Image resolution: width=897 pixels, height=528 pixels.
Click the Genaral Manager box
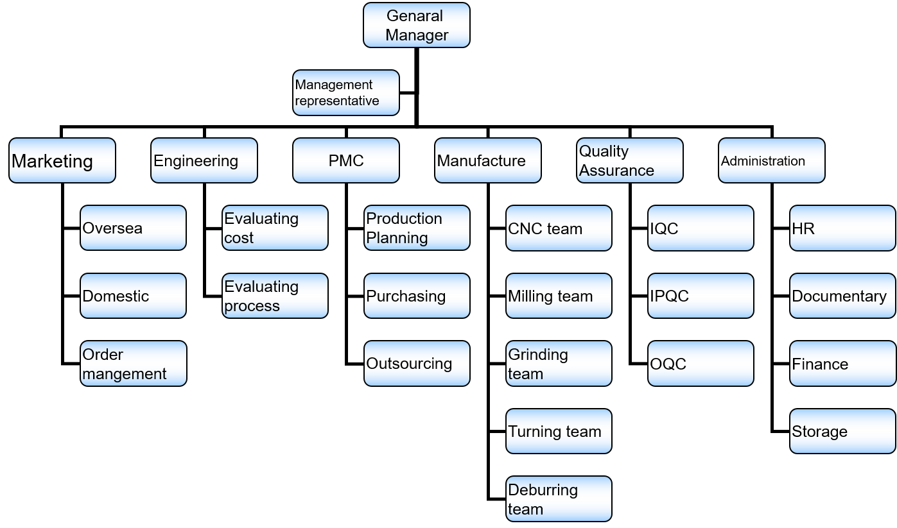pyautogui.click(x=416, y=25)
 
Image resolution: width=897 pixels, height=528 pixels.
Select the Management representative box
pyautogui.click(x=345, y=93)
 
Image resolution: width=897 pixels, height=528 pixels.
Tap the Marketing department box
pyautogui.click(x=62, y=160)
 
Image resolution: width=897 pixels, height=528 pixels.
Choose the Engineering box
pyautogui.click(x=204, y=160)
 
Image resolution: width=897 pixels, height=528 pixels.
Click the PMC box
pyautogui.click(x=345, y=160)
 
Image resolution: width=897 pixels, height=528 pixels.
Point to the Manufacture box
pyautogui.click(x=487, y=160)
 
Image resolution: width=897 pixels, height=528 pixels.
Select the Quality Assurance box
pyautogui.click(x=629, y=160)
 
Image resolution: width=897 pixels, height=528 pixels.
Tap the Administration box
pyautogui.click(x=771, y=160)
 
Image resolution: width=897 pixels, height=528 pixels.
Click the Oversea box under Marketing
pyautogui.click(x=133, y=228)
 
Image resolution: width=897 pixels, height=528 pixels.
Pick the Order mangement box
pyautogui.click(x=133, y=363)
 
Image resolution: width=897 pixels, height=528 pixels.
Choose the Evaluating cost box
pyautogui.click(x=275, y=228)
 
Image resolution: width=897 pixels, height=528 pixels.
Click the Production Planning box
pyautogui.click(x=417, y=228)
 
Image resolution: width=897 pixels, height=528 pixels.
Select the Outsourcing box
pyautogui.click(x=417, y=363)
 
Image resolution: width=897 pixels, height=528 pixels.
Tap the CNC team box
pyautogui.click(x=559, y=228)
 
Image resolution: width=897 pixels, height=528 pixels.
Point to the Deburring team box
pyautogui.click(x=559, y=498)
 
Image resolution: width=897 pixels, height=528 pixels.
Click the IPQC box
pyautogui.click(x=701, y=296)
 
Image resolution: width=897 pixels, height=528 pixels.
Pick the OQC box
pyautogui.click(x=701, y=363)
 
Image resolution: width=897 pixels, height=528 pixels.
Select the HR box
pyautogui.click(x=842, y=228)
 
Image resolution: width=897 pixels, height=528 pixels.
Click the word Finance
pyautogui.click(x=820, y=364)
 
